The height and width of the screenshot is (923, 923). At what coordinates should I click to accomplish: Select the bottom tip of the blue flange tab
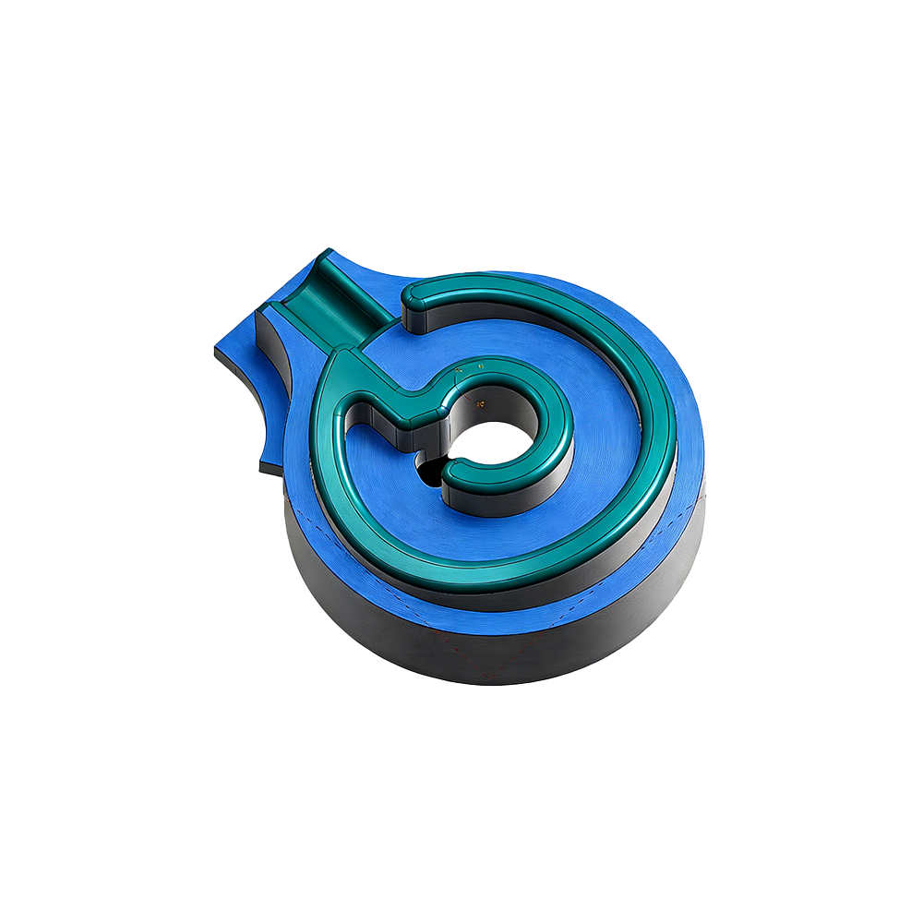click(260, 469)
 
